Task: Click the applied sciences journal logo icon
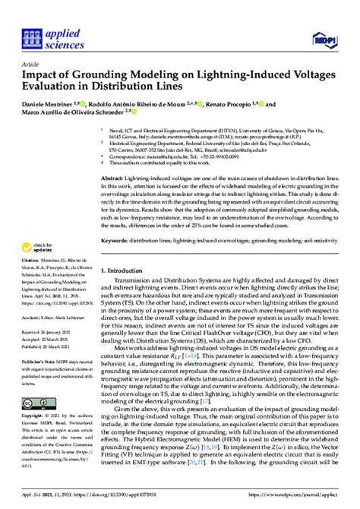[x=31, y=35]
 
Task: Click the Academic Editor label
[x=42, y=315]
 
